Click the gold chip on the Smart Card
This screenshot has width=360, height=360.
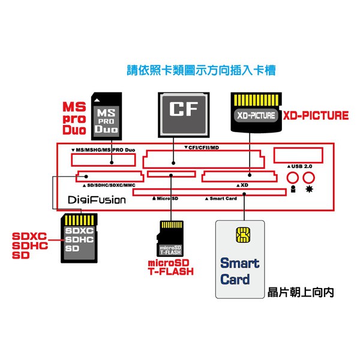coord(244,235)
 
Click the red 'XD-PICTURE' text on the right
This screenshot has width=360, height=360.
coord(316,115)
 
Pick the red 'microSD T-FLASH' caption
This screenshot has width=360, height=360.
coord(171,268)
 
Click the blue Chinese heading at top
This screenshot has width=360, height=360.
coord(201,70)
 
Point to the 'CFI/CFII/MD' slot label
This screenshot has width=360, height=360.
coord(202,148)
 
